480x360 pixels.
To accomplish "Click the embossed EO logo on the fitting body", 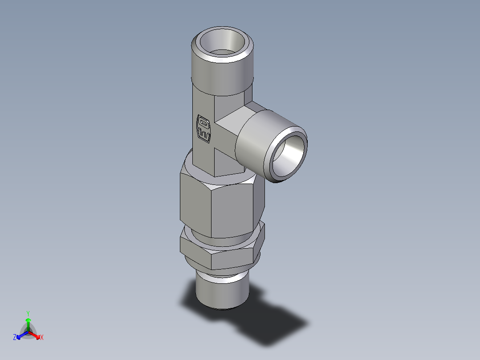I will click(203, 129).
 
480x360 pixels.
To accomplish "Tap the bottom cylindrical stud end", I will click(222, 292).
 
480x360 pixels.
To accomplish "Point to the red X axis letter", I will click(42, 337).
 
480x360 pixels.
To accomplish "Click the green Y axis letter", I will click(28, 313).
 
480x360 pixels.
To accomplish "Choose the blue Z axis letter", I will click(15, 337).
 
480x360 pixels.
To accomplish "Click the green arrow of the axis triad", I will click(28, 323).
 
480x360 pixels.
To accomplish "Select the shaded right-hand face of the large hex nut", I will click(258, 200).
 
